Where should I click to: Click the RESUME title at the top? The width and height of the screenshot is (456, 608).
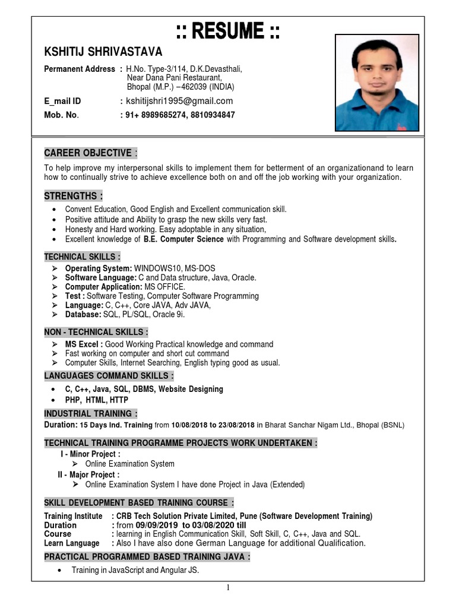227,31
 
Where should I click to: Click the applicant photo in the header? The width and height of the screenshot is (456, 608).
377,83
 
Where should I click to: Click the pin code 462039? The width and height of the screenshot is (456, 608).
193,87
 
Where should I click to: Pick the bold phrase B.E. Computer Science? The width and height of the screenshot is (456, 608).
183,239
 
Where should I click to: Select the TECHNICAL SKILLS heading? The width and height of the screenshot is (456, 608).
83,256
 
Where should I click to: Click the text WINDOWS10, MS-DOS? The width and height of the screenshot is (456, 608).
175,268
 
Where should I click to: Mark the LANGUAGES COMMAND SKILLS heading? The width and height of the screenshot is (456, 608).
109,376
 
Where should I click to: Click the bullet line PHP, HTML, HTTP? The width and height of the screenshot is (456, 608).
97,400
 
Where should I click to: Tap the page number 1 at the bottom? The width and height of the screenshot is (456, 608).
227,588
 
